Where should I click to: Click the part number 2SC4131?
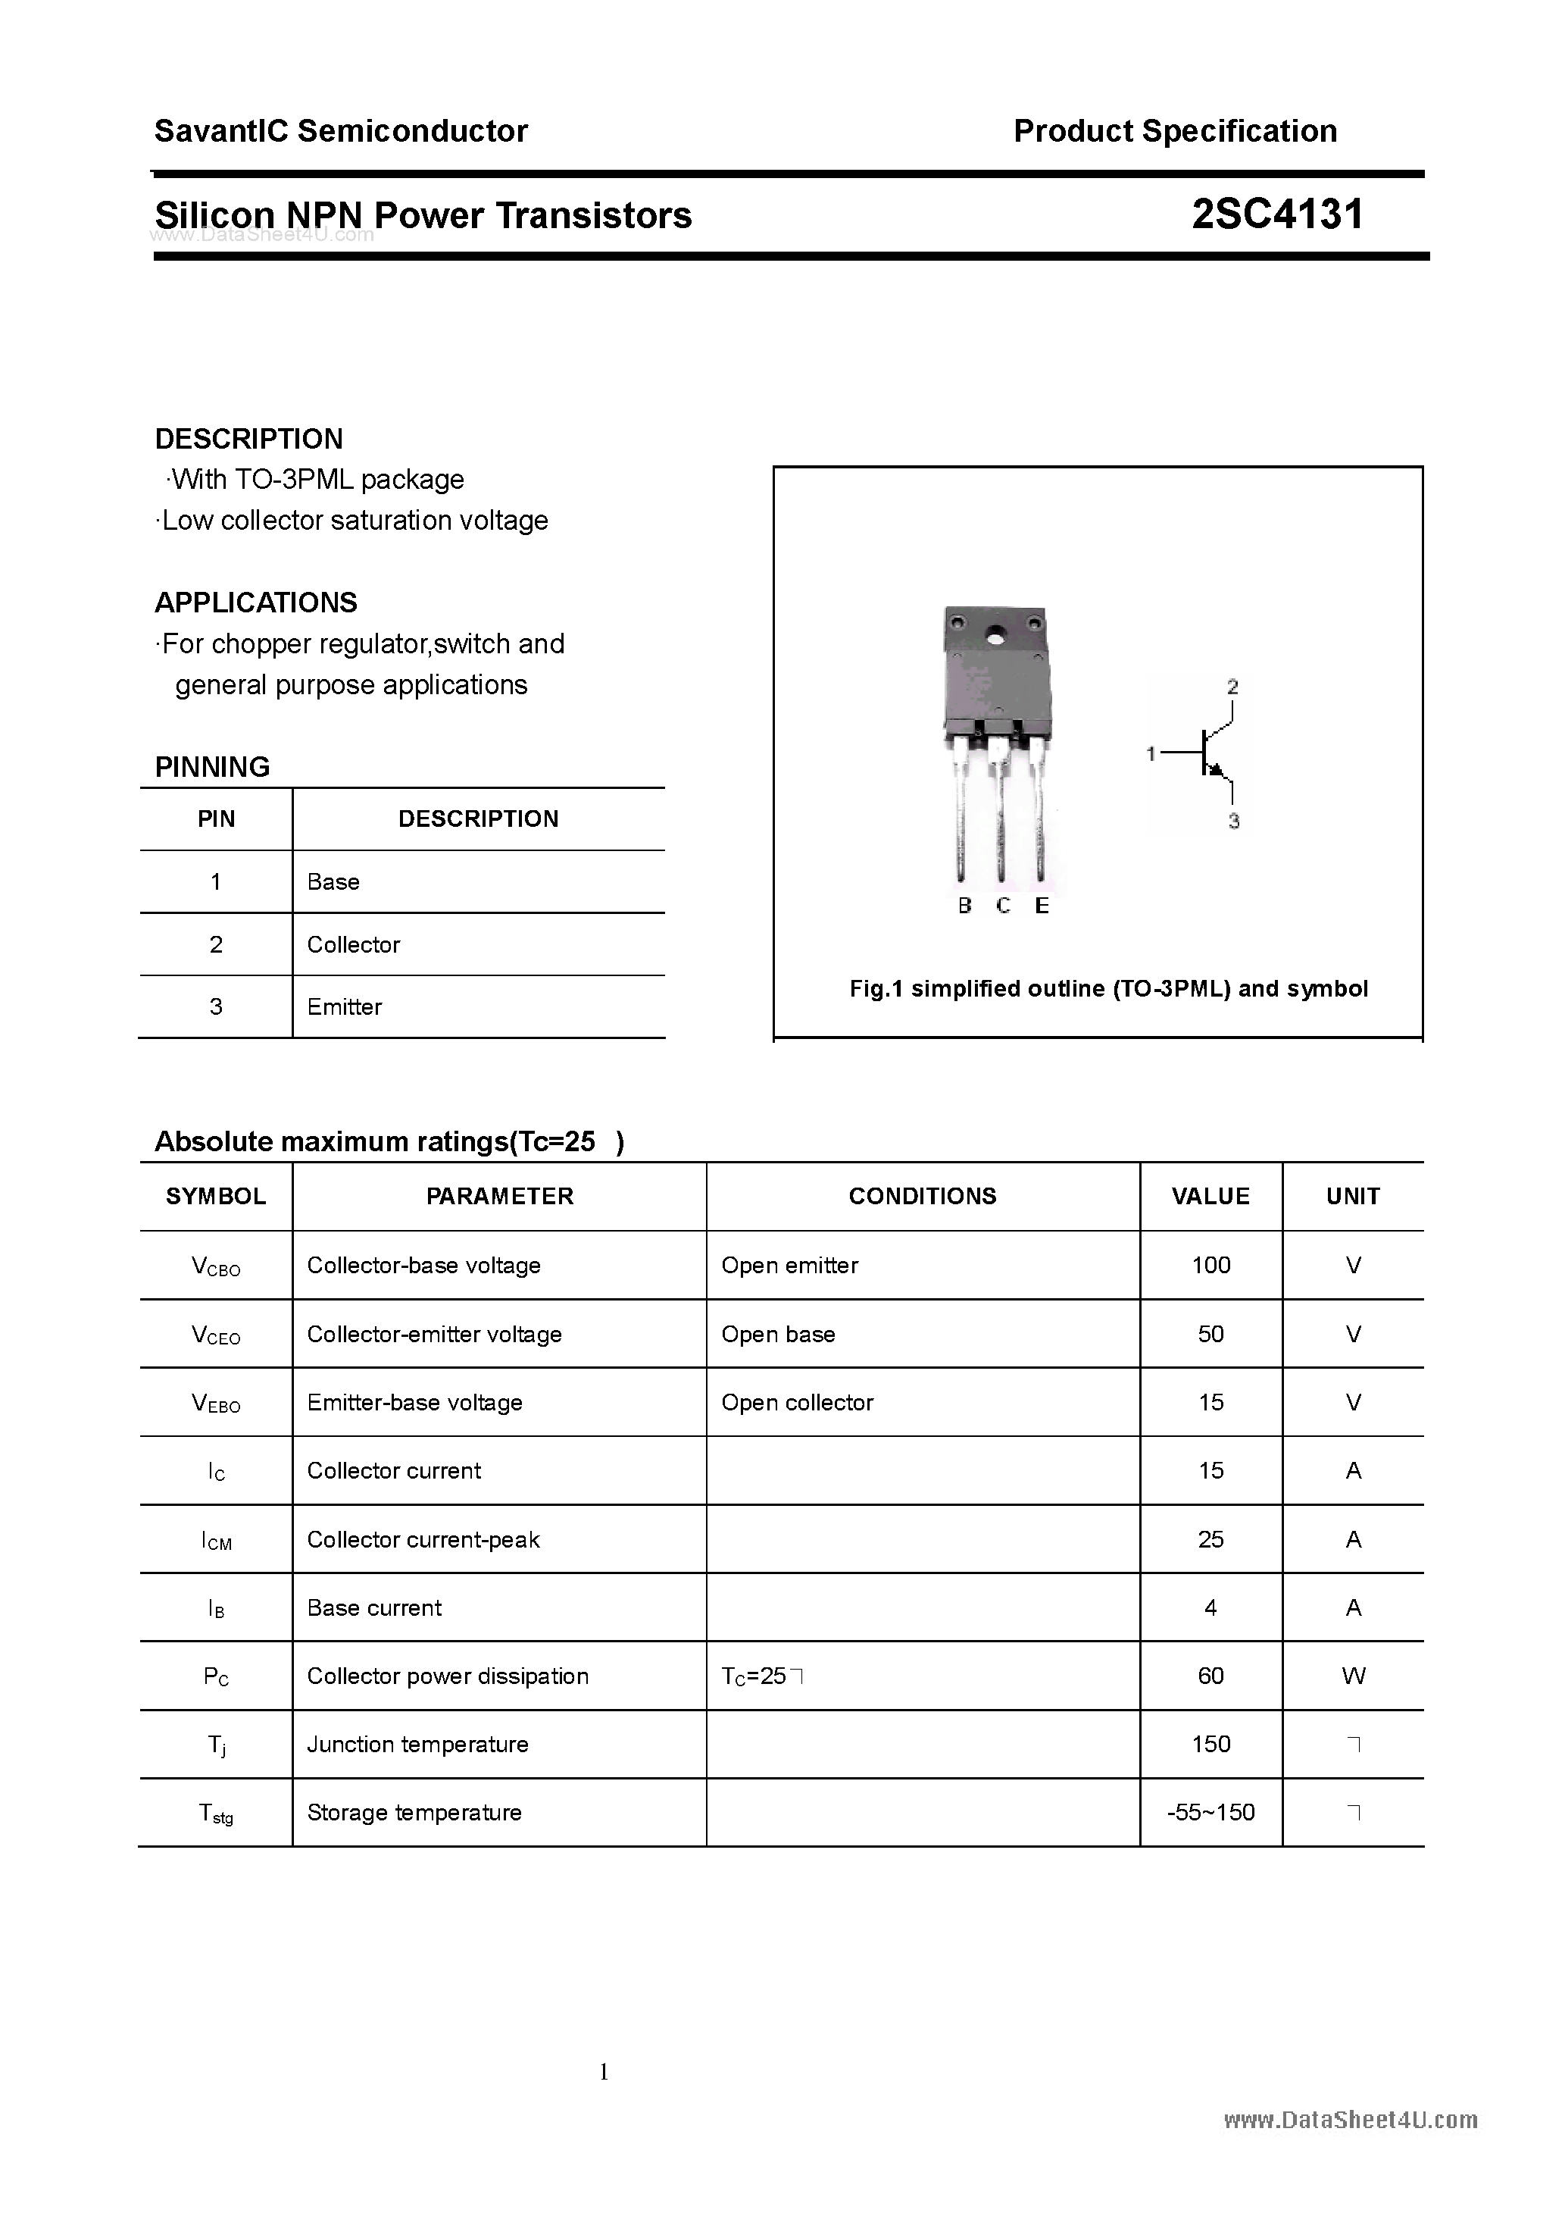pyautogui.click(x=1276, y=214)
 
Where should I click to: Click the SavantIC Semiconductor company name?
pyautogui.click(x=341, y=131)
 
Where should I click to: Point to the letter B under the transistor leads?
pyautogui.click(x=964, y=906)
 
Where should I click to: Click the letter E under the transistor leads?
pyautogui.click(x=1041, y=906)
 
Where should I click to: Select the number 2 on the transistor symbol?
pyautogui.click(x=1232, y=687)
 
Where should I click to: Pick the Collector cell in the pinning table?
pyautogui.click(x=353, y=945)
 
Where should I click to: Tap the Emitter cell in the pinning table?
pyautogui.click(x=345, y=1006)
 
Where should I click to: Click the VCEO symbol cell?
pyautogui.click(x=216, y=1335)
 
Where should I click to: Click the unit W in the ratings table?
pyautogui.click(x=1353, y=1676)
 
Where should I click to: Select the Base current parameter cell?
pyautogui.click(x=374, y=1608)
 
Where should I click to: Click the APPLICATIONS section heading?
pyautogui.click(x=256, y=603)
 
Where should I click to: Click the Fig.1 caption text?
pyautogui.click(x=1107, y=988)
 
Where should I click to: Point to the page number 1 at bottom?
pyautogui.click(x=604, y=2071)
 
